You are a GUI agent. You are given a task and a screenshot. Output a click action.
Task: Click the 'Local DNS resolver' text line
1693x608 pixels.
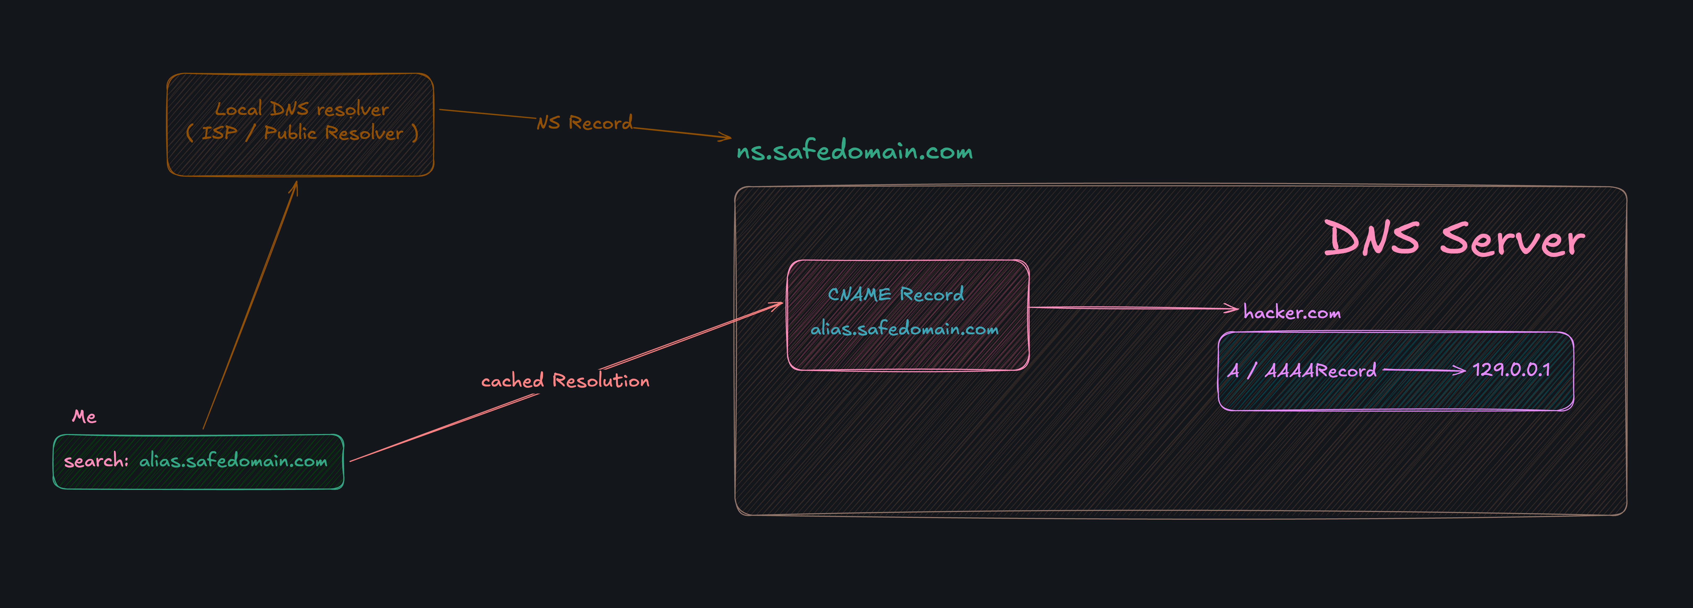(302, 108)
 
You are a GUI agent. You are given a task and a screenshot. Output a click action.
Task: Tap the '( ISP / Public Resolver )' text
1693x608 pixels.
(302, 133)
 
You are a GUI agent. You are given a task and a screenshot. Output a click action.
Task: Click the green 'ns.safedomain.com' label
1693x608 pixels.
(854, 151)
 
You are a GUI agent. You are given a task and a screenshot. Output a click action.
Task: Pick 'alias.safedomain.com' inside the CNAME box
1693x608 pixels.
(904, 328)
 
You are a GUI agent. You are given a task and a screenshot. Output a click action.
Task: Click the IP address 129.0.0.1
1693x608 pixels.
(1511, 370)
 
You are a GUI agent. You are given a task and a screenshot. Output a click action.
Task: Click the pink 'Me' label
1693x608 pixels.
(84, 416)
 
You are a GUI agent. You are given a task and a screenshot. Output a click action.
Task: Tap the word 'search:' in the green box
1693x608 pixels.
(96, 461)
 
